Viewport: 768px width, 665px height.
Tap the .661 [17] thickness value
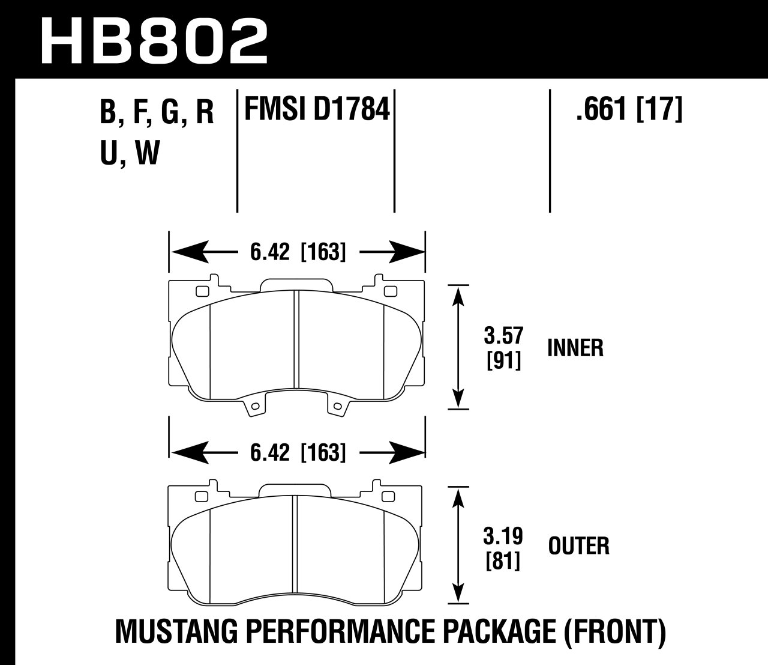pyautogui.click(x=628, y=111)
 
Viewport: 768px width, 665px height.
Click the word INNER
pyautogui.click(x=575, y=348)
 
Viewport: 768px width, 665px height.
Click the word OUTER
pyautogui.click(x=578, y=546)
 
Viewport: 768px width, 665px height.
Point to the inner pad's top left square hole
pyautogui.click(x=201, y=292)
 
